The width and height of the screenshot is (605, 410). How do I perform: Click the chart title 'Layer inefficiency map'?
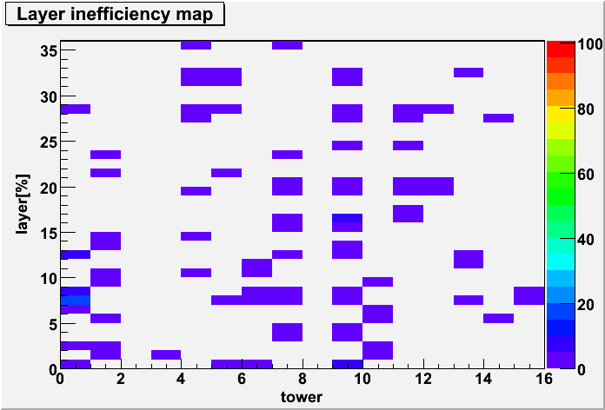[115, 15]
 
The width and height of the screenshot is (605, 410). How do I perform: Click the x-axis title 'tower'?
[302, 396]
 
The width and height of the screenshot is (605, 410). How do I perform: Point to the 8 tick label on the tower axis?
[302, 380]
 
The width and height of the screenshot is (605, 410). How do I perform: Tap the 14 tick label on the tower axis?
[484, 380]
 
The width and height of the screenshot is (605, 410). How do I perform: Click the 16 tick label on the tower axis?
[544, 380]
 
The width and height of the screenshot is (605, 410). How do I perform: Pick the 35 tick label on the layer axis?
[49, 50]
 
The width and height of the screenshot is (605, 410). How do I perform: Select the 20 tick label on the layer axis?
[49, 187]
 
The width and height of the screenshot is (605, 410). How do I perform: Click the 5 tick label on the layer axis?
[53, 324]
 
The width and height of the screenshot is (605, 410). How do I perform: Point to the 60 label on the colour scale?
[585, 175]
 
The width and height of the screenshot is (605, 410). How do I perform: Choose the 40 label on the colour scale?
[585, 240]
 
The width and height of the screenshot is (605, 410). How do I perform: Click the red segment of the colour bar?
[559, 49]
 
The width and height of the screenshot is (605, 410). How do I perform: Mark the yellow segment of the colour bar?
[559, 114]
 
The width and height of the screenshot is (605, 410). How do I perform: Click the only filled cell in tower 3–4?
[166, 355]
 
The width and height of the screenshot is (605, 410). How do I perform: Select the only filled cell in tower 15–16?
[529, 296]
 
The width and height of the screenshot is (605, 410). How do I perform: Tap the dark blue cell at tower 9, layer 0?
[347, 364]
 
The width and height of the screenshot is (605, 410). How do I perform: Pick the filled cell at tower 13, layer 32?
[469, 72]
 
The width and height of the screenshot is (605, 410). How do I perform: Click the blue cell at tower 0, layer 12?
[76, 255]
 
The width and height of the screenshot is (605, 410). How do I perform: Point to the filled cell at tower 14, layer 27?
[498, 118]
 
